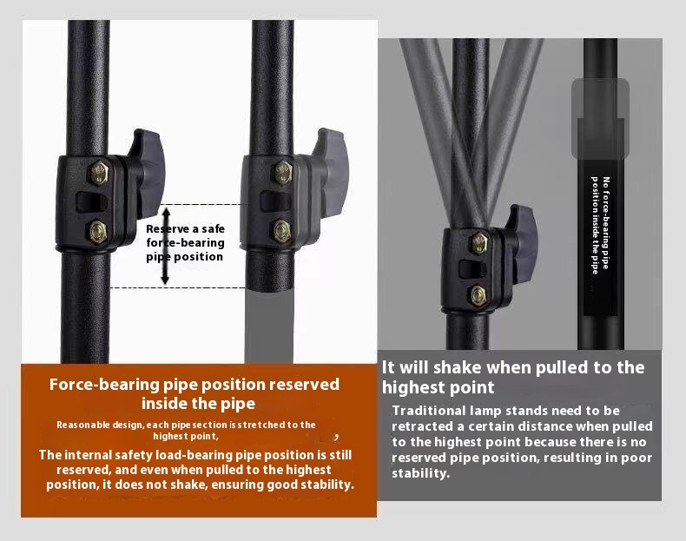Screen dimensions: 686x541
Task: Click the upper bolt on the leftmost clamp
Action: coord(100,173)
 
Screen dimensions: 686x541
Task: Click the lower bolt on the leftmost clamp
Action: coord(98,232)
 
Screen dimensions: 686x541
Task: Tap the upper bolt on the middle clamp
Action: coord(282,172)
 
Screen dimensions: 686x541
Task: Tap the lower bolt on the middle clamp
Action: coord(282,231)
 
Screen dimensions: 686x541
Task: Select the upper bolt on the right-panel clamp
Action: coord(479,244)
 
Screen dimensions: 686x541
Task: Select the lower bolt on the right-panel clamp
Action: coord(478,295)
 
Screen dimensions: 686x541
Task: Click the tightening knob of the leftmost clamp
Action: coord(147,173)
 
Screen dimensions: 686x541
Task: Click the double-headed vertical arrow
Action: coord(165,247)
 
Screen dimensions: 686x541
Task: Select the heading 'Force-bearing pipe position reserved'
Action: coord(195,385)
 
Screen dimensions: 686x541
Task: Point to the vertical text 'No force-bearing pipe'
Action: coord(606,223)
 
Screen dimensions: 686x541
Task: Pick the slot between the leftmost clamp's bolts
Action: coord(92,202)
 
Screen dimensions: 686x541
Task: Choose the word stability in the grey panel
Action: coord(419,473)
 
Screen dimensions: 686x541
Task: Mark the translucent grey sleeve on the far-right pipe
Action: coord(600,118)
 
